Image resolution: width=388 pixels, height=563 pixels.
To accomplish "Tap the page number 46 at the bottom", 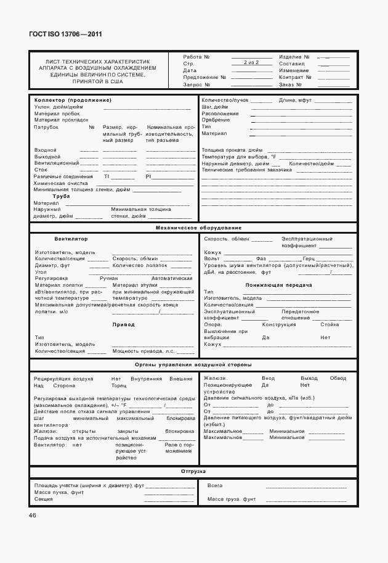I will (32, 515).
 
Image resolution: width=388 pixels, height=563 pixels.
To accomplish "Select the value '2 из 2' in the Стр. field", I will (250, 63).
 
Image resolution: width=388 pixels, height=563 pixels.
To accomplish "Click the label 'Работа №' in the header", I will (196, 56).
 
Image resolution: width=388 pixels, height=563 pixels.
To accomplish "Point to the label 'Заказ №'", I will (289, 84).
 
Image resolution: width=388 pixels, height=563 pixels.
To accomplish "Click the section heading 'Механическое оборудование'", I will (193, 228).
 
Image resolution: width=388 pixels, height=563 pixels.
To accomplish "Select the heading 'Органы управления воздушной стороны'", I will (193, 364).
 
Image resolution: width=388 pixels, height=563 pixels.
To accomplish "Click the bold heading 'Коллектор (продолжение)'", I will (73, 100).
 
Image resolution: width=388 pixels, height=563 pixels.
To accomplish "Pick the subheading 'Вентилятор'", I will (71, 238).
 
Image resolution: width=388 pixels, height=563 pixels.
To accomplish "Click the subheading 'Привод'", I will (123, 324).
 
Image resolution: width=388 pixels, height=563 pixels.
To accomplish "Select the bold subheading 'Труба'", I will (61, 196).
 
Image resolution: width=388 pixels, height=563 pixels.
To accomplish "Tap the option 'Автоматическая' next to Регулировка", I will (171, 279).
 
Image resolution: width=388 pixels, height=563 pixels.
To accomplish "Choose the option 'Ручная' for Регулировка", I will (108, 279).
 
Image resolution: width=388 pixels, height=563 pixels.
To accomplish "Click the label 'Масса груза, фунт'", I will (231, 498).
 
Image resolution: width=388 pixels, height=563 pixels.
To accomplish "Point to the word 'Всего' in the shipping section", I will (215, 485).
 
